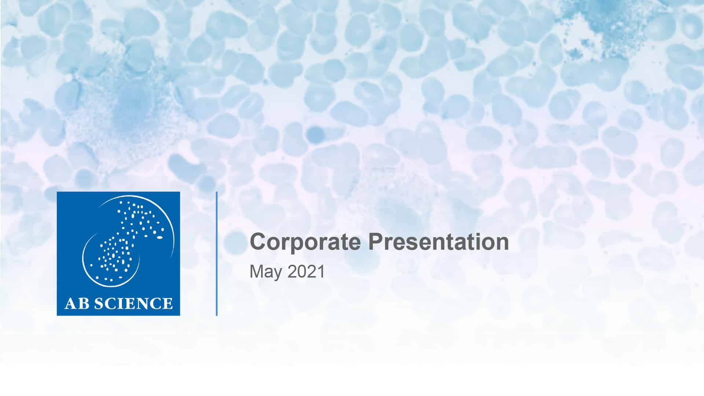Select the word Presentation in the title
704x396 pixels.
[439, 242]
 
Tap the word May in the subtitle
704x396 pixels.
[266, 272]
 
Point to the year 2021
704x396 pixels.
[307, 272]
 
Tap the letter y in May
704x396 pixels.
[278, 274]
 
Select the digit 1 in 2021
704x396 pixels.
[321, 272]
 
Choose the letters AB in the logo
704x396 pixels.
[77, 304]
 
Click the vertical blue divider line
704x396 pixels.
[217, 253]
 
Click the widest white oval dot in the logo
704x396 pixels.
[159, 238]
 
